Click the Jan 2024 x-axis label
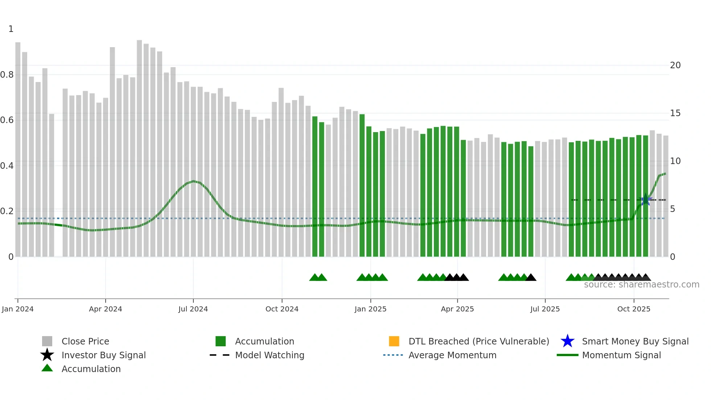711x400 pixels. (x=17, y=309)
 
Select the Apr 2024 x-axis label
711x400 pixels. (x=106, y=309)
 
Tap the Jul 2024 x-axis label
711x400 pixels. (x=193, y=309)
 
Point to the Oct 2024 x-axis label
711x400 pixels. (x=282, y=309)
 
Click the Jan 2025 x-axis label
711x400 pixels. (x=370, y=309)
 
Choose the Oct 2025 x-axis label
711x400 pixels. (x=634, y=309)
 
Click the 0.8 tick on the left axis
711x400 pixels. (x=7, y=75)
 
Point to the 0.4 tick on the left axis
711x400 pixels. (x=7, y=166)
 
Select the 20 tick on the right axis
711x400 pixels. (x=675, y=65)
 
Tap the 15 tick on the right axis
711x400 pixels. (x=675, y=113)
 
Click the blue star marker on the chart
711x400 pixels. (x=645, y=200)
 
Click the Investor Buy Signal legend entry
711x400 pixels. (x=103, y=355)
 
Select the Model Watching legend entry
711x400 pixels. (x=270, y=355)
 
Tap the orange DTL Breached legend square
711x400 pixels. (x=394, y=341)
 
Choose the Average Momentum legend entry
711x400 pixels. (x=452, y=355)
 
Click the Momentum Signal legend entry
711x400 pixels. (x=621, y=355)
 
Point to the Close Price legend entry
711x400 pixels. (x=85, y=341)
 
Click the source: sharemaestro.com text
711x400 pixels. (x=641, y=285)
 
